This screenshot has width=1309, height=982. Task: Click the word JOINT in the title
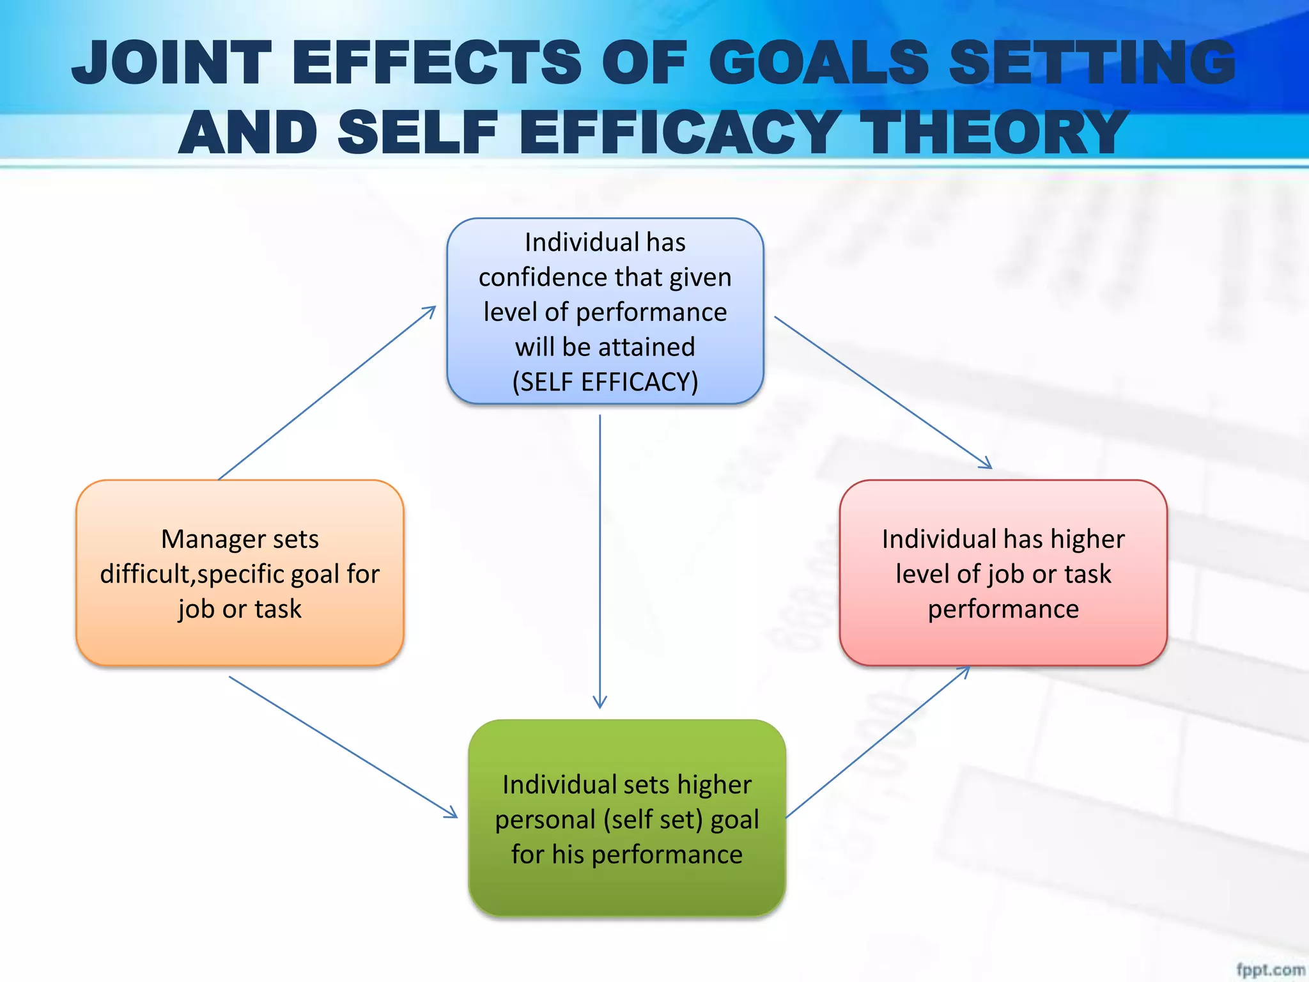point(171,63)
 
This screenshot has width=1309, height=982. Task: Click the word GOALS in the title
point(819,63)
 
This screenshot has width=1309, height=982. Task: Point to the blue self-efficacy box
point(605,311)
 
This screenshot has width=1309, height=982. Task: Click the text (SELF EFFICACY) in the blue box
point(605,382)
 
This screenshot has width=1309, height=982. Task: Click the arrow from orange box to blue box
point(326,393)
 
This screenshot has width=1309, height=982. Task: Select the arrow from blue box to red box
point(882,392)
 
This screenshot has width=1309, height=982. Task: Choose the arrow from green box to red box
point(878,742)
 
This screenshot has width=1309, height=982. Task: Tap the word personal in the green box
point(545,820)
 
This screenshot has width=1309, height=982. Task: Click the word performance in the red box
point(1003,609)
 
